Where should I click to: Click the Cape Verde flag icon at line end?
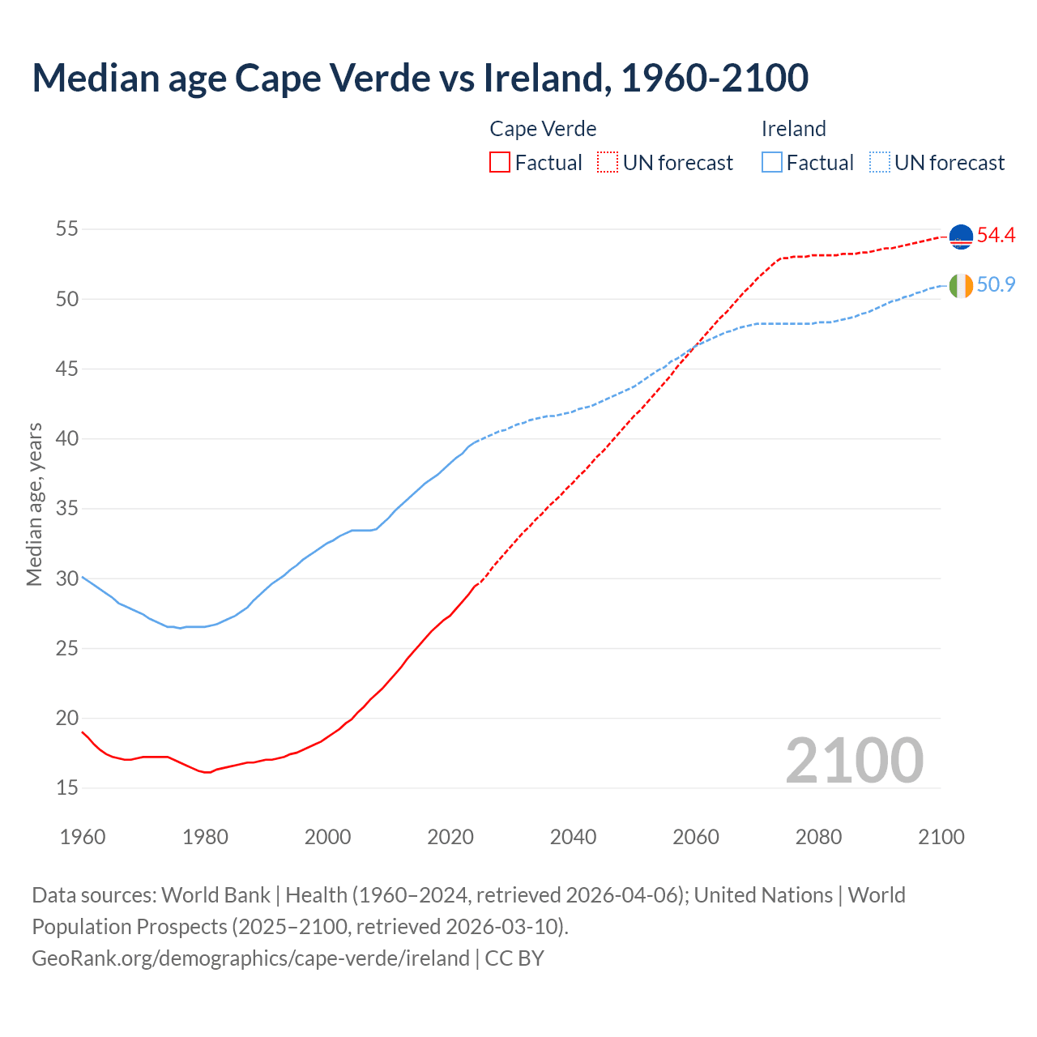pyautogui.click(x=961, y=237)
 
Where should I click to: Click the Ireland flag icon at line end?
pyautogui.click(x=961, y=286)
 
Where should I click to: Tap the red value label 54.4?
pyautogui.click(x=996, y=236)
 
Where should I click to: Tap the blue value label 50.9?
pyautogui.click(x=996, y=285)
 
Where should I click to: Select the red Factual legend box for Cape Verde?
pyautogui.click(x=500, y=163)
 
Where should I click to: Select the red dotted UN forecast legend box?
pyautogui.click(x=608, y=163)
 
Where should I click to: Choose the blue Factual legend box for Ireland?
pyautogui.click(x=772, y=163)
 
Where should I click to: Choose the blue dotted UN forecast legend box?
pyautogui.click(x=879, y=163)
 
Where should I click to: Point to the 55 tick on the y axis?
pyautogui.click(x=66, y=229)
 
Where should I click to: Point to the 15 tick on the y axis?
pyautogui.click(x=66, y=788)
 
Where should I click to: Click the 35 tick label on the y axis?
pyautogui.click(x=66, y=509)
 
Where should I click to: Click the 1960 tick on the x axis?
pyautogui.click(x=83, y=837)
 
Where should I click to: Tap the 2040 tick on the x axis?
pyautogui.click(x=573, y=837)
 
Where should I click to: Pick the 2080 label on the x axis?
pyautogui.click(x=818, y=837)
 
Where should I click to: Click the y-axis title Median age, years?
pyautogui.click(x=34, y=504)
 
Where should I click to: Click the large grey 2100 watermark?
pyautogui.click(x=854, y=761)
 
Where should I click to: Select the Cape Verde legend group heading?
pyautogui.click(x=543, y=129)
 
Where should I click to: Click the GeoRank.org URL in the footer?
pyautogui.click(x=250, y=958)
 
